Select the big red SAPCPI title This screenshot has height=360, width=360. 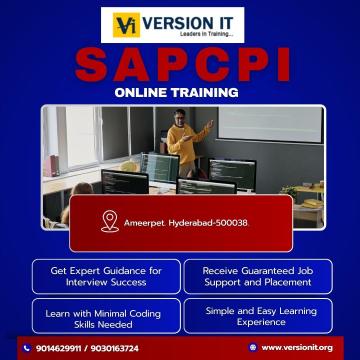[x=180, y=66]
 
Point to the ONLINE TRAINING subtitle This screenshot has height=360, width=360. [x=179, y=94]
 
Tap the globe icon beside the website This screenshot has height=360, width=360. [x=251, y=347]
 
